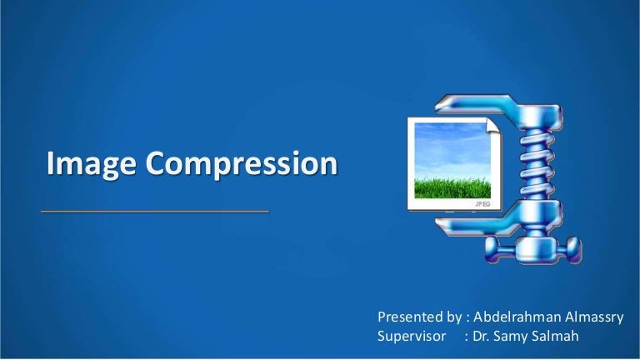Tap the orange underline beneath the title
155,212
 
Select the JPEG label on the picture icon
482,202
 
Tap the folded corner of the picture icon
492,125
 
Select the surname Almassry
592,317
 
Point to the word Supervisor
412,336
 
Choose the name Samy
517,336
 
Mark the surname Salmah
562,336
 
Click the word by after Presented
453,317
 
